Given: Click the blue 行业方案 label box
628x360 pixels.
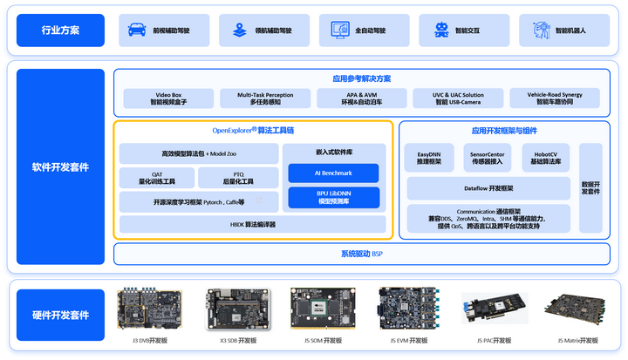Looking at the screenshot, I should click(x=60, y=31).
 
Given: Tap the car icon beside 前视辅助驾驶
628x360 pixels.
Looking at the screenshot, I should click(x=137, y=31).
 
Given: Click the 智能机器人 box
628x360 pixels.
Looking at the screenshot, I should click(x=564, y=31).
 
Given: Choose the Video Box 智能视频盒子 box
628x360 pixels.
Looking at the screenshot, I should click(x=167, y=98).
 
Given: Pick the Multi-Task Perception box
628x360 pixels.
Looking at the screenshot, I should click(x=265, y=98).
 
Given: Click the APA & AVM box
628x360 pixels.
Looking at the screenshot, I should click(x=361, y=98).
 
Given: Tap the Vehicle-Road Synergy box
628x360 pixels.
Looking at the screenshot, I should click(x=555, y=98).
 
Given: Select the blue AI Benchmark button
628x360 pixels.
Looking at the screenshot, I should click(x=333, y=173).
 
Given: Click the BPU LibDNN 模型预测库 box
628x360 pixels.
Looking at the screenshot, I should click(x=333, y=197).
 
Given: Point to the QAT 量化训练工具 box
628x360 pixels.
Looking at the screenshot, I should click(x=157, y=178).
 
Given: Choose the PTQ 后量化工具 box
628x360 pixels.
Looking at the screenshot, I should click(x=238, y=178).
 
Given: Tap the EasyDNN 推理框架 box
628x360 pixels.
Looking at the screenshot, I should click(x=429, y=157).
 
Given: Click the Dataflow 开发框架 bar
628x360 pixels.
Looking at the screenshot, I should click(x=488, y=188).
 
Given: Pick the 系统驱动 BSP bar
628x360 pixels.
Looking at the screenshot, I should click(x=361, y=254).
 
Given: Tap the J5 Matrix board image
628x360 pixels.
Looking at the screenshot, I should click(x=570, y=309).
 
